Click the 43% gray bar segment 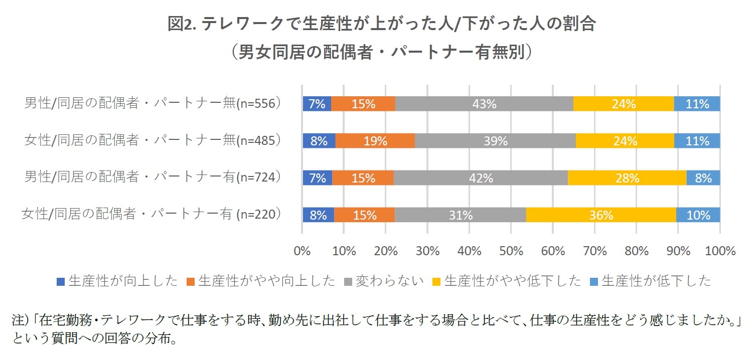[x=484, y=104]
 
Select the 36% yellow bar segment [x=601, y=215]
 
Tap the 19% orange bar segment [x=375, y=141]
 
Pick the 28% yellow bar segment [x=627, y=178]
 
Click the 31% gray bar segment [x=460, y=215]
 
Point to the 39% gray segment [x=495, y=141]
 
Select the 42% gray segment [x=481, y=178]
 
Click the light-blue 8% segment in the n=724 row [x=703, y=178]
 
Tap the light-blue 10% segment [x=698, y=215]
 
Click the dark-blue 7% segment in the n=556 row [x=317, y=104]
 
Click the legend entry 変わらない [x=385, y=281]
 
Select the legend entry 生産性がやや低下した [x=507, y=281]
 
